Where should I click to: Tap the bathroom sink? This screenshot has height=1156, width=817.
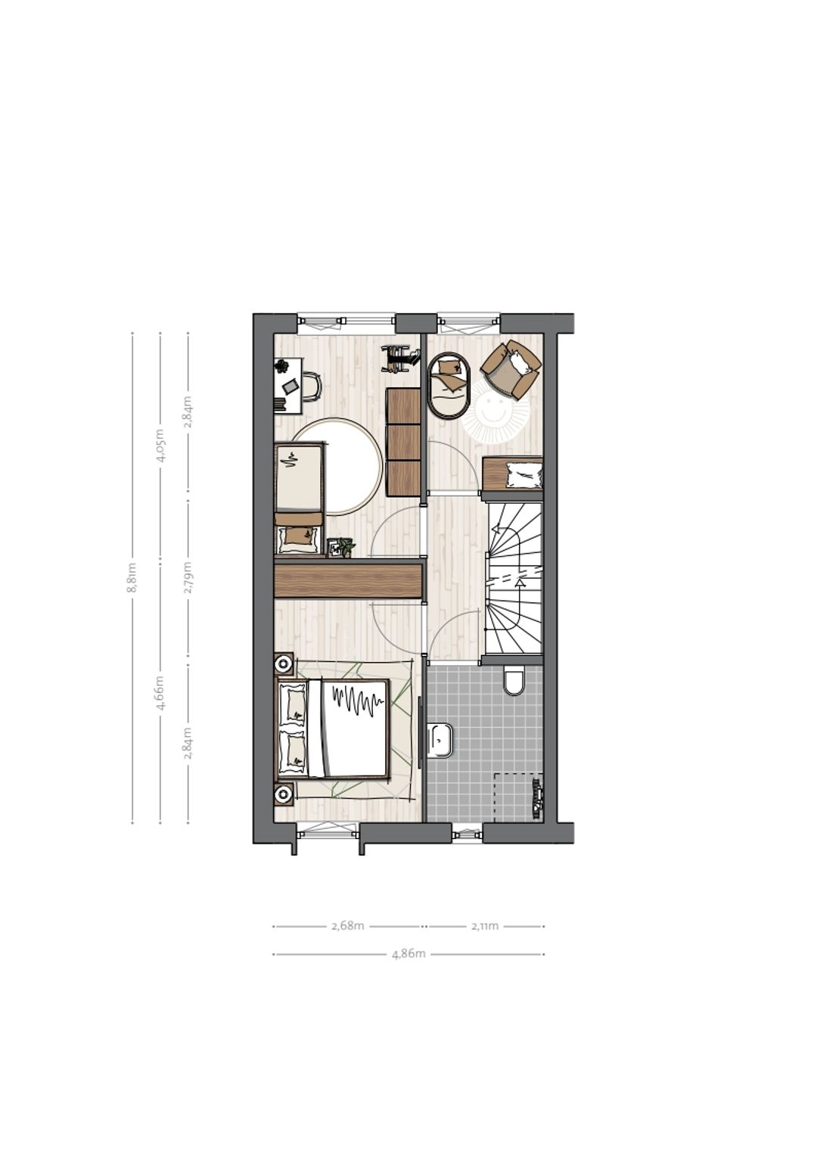coord(440,740)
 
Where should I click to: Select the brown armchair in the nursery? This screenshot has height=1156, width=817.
coord(511,369)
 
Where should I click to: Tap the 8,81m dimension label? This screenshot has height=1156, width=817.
coord(132,578)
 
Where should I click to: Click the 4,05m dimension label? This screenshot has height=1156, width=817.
coord(160,445)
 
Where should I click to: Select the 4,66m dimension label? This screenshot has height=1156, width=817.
coord(160,693)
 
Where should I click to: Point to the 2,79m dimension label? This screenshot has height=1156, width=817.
coord(188,578)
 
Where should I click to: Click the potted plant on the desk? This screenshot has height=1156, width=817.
coord(282,366)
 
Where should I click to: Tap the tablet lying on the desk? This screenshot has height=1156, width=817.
coord(290,386)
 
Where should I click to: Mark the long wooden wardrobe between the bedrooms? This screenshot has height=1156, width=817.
coord(349,581)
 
